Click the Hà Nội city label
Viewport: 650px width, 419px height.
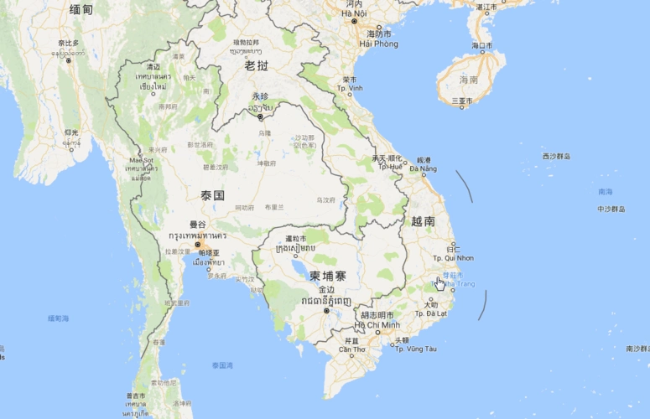point(354,13)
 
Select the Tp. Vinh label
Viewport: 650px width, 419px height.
point(351,88)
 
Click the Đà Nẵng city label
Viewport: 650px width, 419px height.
point(423,169)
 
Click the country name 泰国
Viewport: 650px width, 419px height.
point(212,195)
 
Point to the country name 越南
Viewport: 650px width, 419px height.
point(423,221)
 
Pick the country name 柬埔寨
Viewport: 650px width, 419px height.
point(327,276)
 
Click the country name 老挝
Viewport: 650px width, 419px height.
point(256,65)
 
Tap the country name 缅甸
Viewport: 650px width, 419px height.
point(81,9)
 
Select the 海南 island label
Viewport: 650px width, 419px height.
point(468,80)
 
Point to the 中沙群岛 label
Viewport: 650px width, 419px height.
point(611,209)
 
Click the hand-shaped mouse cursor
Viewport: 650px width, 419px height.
point(439,282)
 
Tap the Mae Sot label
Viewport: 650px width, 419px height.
point(142,160)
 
